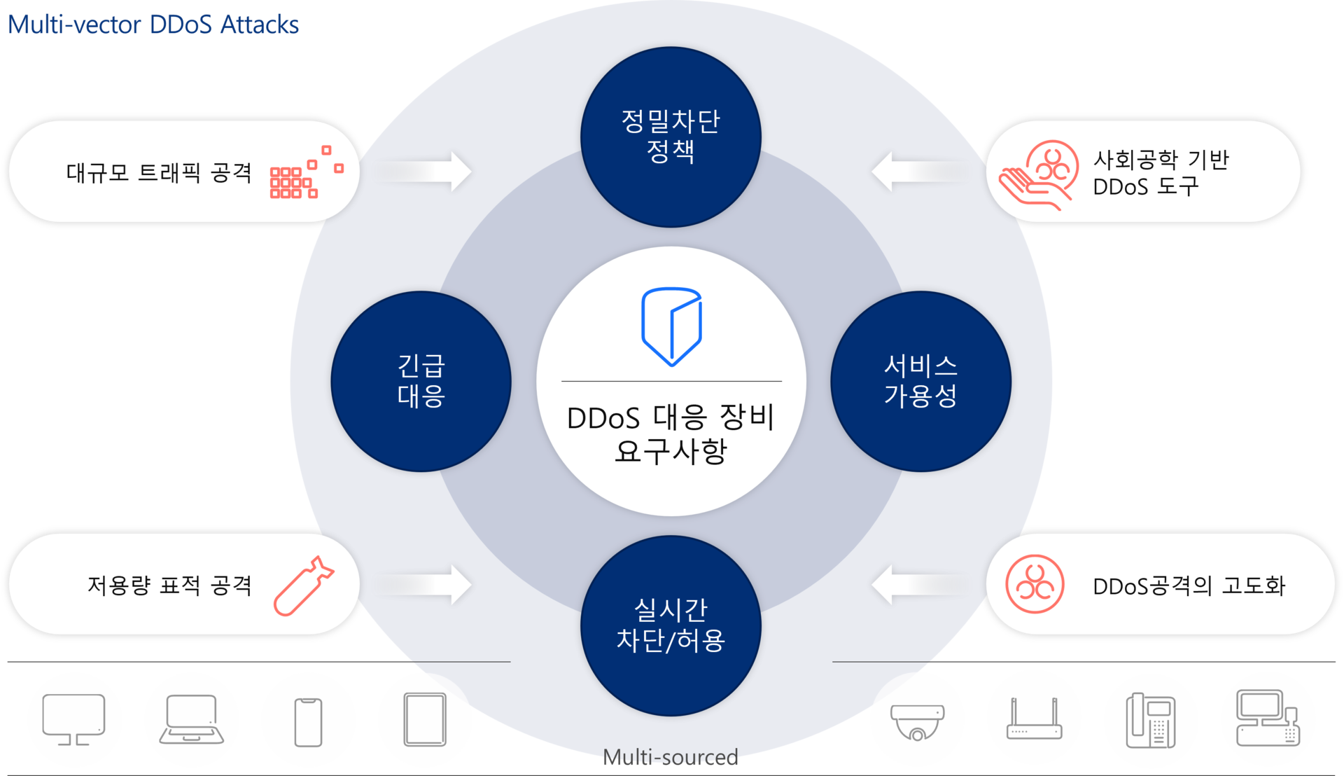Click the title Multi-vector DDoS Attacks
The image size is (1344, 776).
tap(153, 25)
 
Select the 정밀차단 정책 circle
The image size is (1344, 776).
tap(671, 137)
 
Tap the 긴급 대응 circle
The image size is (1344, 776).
tap(421, 381)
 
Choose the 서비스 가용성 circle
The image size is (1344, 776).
tap(920, 381)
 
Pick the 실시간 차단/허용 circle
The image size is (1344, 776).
tap(671, 625)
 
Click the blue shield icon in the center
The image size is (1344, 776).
tap(671, 326)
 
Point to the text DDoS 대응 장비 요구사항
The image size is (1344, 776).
tap(671, 434)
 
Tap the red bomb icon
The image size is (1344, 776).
tap(304, 586)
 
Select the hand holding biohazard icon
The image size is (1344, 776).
tap(1039, 174)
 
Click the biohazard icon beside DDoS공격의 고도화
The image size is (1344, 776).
tap(1035, 584)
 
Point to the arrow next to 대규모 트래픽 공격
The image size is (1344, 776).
tap(424, 172)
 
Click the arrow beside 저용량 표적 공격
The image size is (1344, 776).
tap(424, 585)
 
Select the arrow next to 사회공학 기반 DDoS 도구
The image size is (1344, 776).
tap(918, 172)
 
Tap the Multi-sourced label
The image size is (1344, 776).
tap(671, 757)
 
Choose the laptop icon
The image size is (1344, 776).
tap(191, 719)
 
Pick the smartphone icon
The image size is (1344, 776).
tap(308, 722)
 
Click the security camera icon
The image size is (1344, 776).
tap(917, 722)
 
